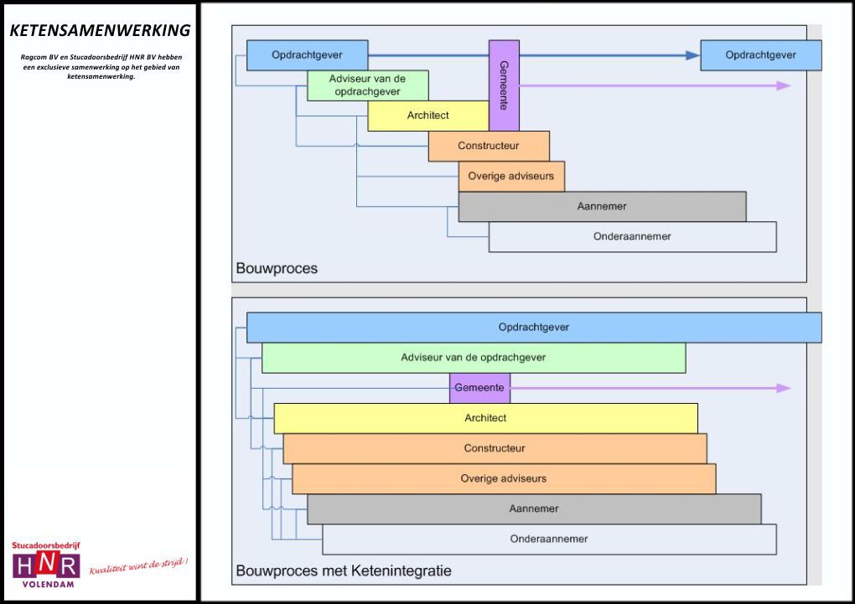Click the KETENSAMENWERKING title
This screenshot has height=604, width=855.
(x=100, y=31)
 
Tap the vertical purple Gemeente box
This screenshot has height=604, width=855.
(x=504, y=85)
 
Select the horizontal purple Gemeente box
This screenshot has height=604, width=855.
(x=479, y=388)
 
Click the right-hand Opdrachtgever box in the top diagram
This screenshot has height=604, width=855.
(x=760, y=55)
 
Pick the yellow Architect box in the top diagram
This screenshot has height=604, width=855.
(x=427, y=116)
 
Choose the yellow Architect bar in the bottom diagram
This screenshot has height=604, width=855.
(x=485, y=418)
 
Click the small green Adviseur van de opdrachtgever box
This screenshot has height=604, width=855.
(x=367, y=85)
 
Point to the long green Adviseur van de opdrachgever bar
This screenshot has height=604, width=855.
(x=474, y=358)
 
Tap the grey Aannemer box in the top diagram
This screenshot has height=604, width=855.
(x=602, y=206)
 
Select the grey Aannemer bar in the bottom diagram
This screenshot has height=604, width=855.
(x=534, y=508)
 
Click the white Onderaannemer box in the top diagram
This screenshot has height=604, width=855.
(x=632, y=236)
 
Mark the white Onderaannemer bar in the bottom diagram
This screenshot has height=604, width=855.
(x=549, y=539)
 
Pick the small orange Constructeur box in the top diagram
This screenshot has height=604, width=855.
(x=489, y=146)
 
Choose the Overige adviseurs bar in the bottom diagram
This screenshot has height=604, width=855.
(x=504, y=478)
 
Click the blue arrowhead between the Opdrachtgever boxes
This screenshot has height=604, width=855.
(x=692, y=55)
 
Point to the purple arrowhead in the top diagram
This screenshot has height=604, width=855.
(x=783, y=85)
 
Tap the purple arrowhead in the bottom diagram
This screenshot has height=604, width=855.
(x=783, y=388)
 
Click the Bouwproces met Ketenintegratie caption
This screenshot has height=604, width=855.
(x=344, y=570)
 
